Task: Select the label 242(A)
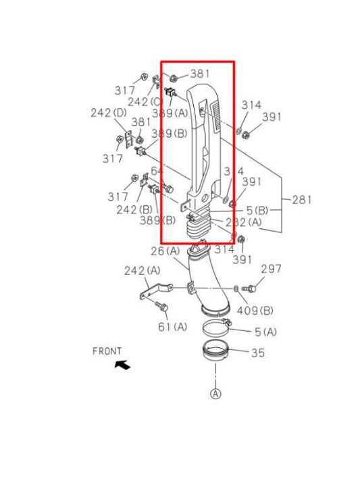pos(143,270)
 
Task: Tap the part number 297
pos(271,269)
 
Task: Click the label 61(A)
pos(172,327)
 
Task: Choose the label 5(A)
pos(266,332)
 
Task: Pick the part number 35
pos(258,353)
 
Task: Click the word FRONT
pos(107,351)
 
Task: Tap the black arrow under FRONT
pos(122,365)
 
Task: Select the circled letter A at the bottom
pos(215,394)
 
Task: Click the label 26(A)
pos(165,251)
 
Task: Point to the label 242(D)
pos(109,113)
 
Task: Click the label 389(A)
pos(170,113)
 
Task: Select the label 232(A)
pos(244,222)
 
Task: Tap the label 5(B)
pos(257,211)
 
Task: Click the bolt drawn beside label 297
pos(248,288)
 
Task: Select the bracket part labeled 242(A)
pos(153,295)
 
